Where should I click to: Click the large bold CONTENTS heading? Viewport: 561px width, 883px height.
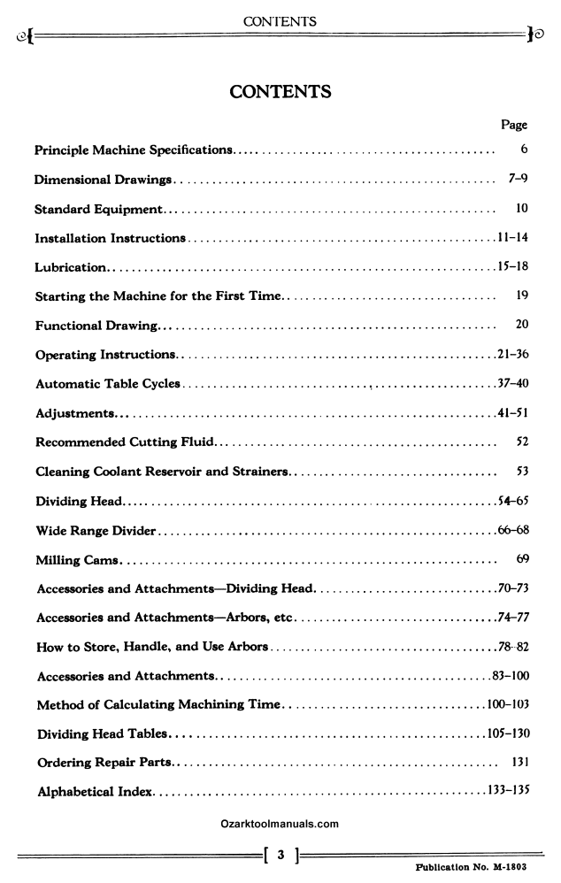[x=280, y=91]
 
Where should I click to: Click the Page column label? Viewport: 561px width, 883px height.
[x=514, y=126]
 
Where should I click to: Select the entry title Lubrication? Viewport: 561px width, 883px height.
[x=71, y=267]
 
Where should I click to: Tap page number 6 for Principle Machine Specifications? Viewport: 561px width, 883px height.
[x=525, y=150]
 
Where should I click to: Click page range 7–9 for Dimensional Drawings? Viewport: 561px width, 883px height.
[x=519, y=180]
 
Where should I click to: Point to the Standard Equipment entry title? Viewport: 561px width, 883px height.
[x=98, y=210]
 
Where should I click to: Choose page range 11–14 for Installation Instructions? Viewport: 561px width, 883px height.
[x=512, y=238]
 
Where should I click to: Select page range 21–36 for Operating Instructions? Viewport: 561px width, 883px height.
[x=512, y=355]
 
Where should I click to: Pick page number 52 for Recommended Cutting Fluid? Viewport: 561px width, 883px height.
[x=521, y=441]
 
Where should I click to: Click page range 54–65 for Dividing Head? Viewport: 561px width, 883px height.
[x=512, y=501]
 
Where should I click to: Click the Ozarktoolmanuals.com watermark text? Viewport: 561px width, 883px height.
[x=280, y=824]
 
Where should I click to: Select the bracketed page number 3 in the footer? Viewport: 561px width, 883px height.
[x=280, y=855]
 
